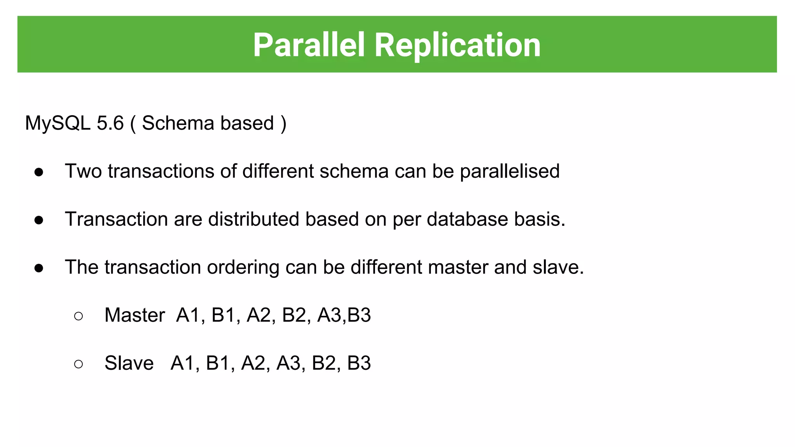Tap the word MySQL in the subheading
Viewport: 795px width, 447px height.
coord(58,123)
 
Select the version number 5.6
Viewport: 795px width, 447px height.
coord(110,123)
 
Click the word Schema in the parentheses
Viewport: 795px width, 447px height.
coord(178,123)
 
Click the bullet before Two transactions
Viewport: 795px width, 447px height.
coord(39,172)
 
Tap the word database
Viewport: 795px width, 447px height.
coord(467,219)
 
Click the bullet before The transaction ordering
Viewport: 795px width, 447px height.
coord(39,268)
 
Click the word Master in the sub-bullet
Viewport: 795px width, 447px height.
coord(135,315)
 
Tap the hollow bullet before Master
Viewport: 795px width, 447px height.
coord(78,316)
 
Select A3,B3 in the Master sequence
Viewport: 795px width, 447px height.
coord(344,315)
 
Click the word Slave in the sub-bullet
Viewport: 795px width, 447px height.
coord(129,363)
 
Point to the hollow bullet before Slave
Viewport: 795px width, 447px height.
coord(78,364)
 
